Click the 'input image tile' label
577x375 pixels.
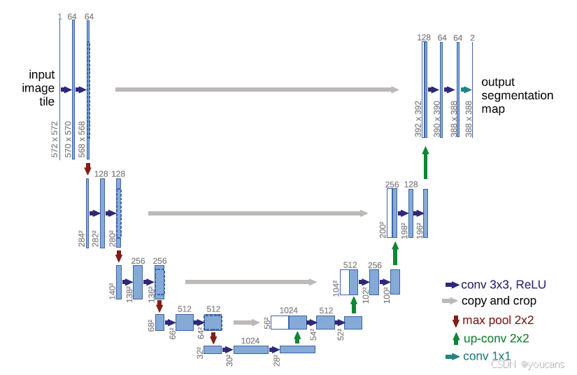click(41, 88)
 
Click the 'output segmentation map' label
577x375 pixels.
click(517, 95)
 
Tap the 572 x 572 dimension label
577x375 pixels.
click(55, 139)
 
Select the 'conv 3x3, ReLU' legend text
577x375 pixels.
click(504, 285)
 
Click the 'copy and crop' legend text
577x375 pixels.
click(499, 301)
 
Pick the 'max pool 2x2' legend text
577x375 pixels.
click(497, 320)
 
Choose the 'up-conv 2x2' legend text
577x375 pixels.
click(495, 339)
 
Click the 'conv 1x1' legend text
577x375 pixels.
click(487, 356)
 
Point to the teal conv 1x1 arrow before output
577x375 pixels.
click(466, 90)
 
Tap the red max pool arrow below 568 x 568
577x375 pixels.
click(87, 169)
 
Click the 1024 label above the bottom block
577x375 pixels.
click(250, 340)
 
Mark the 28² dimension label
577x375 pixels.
click(276, 360)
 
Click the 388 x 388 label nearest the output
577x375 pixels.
click(469, 118)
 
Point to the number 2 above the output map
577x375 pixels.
click(473, 37)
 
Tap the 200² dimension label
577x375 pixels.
click(383, 229)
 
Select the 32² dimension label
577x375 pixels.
click(199, 353)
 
